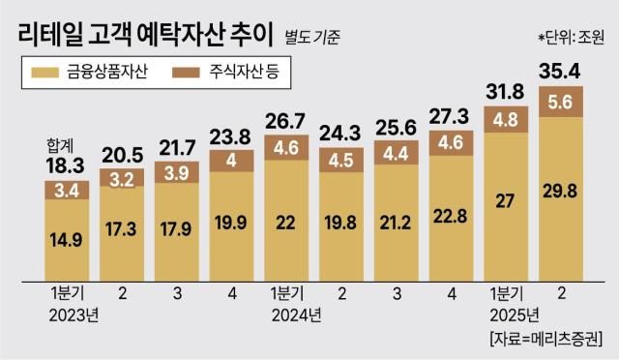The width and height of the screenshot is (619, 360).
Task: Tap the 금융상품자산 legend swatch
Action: click(44, 72)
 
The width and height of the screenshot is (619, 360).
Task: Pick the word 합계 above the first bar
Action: click(60, 145)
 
